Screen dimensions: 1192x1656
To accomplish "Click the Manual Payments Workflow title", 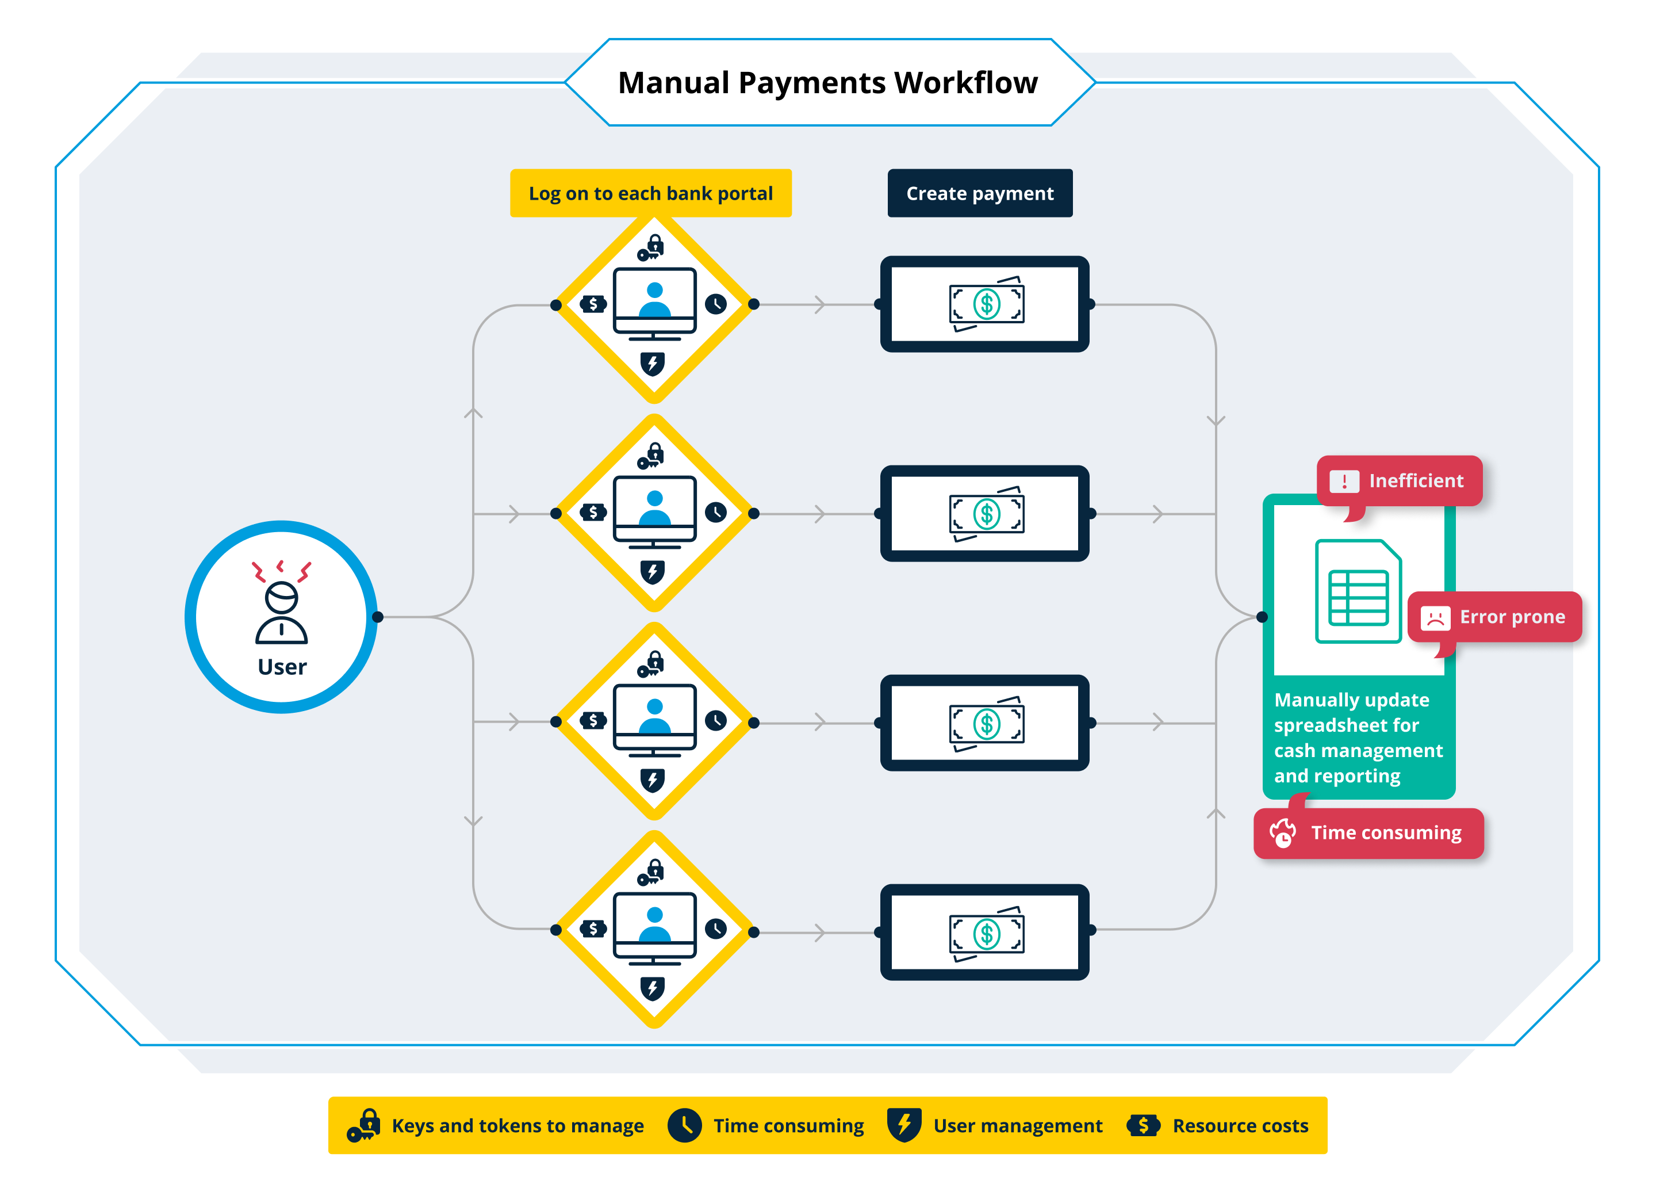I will [x=827, y=82].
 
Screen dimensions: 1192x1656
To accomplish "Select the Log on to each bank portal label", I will [x=650, y=193].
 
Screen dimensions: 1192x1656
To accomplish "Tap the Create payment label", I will [x=979, y=193].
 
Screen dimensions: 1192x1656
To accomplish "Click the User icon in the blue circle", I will [x=282, y=603].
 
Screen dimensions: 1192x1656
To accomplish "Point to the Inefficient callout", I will [x=1400, y=480].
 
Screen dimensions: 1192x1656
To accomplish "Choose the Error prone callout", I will [x=1494, y=617].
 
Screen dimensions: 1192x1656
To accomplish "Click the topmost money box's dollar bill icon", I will [x=987, y=304].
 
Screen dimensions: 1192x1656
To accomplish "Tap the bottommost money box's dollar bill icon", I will [x=987, y=934].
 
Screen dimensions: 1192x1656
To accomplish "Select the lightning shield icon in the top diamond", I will [x=653, y=363].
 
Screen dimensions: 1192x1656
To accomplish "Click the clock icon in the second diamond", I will [x=715, y=513].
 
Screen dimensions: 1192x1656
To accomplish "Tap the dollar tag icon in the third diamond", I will [x=593, y=721].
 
